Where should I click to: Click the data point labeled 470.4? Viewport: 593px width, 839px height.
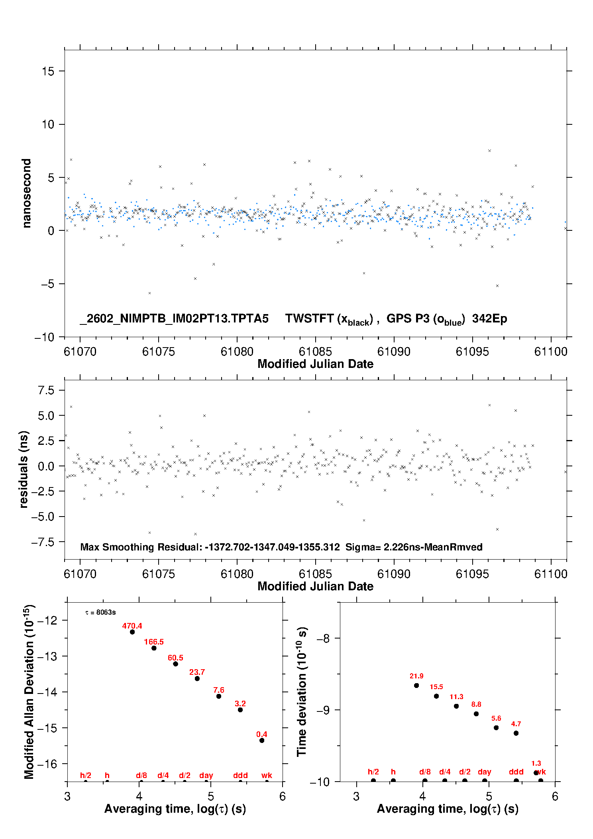132,632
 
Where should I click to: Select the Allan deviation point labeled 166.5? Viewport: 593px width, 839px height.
154,648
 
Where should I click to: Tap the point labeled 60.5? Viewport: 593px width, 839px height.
175,664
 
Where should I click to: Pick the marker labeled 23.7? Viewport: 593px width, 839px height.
197,678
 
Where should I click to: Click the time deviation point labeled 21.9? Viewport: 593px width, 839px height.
416,686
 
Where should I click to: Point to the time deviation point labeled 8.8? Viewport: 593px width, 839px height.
476,714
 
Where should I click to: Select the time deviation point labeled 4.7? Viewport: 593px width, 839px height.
516,733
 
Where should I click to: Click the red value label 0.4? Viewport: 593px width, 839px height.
262,734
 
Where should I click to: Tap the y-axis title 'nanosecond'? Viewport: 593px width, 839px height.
27,193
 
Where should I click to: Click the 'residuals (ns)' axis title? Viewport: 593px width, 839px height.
24,469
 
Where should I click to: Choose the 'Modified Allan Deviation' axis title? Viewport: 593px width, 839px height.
29,692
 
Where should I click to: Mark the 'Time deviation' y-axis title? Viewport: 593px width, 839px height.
302,692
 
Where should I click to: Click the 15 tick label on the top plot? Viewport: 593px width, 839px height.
48,71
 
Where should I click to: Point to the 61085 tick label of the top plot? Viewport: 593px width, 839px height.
315,352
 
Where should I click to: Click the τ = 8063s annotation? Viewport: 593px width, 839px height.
100,612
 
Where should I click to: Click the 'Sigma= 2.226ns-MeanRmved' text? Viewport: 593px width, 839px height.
414,547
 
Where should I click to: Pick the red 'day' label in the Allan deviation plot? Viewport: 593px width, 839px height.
206,775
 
